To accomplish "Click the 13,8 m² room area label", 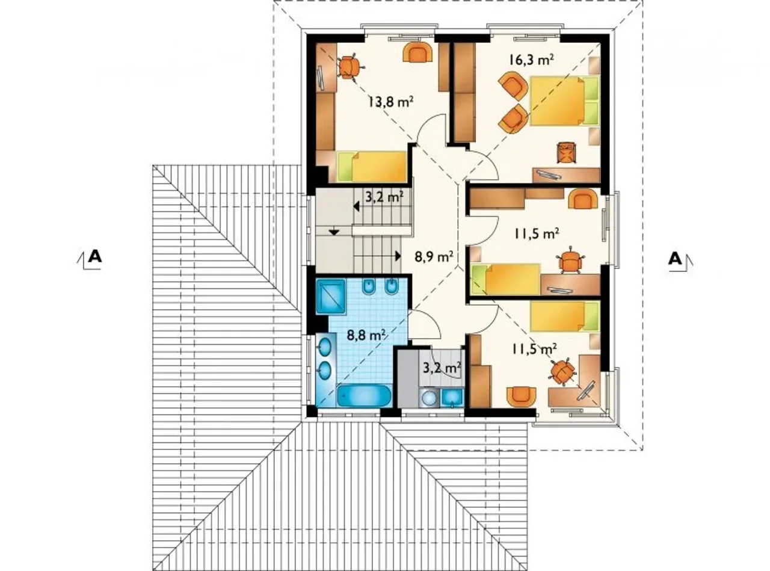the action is click(x=390, y=102).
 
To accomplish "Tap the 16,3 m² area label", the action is click(x=531, y=60).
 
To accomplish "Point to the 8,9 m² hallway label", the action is click(x=434, y=257).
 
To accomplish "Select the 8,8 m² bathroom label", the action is click(x=366, y=336).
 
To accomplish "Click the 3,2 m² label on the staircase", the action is click(x=384, y=197).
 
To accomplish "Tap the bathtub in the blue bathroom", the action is click(x=364, y=396).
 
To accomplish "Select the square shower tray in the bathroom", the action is click(x=330, y=297).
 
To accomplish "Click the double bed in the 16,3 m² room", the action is click(x=565, y=101).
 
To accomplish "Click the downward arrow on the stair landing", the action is click(x=334, y=232).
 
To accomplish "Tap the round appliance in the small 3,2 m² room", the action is click(x=430, y=398).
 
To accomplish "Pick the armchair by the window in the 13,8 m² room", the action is click(x=418, y=53).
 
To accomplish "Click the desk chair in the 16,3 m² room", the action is click(x=567, y=153).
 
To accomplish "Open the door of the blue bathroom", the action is click(x=424, y=325).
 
